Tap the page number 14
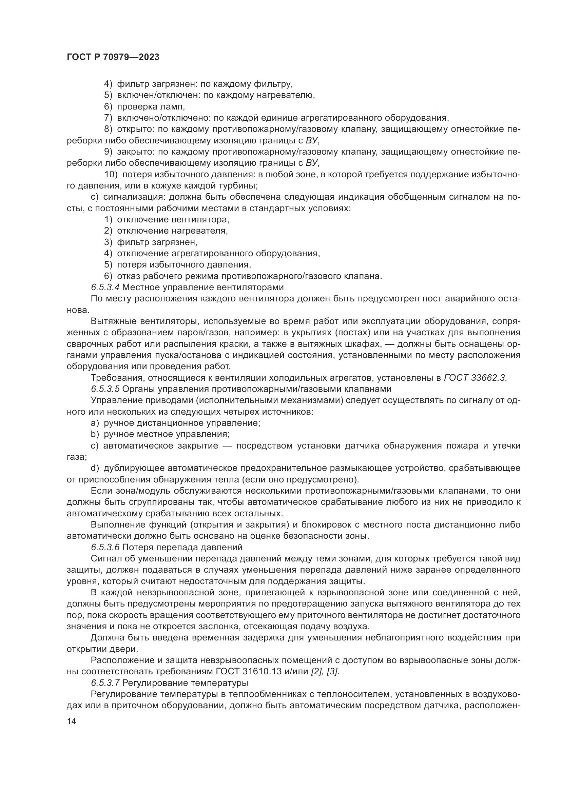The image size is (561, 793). (x=71, y=721)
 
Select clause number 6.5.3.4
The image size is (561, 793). (x=105, y=288)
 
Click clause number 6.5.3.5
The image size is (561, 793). (x=105, y=389)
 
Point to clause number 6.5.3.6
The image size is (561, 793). (x=105, y=548)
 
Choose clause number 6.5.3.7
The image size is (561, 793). (x=105, y=683)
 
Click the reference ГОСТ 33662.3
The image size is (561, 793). (x=475, y=378)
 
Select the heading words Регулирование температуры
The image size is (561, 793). (x=186, y=683)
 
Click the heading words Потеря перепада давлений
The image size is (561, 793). (x=182, y=548)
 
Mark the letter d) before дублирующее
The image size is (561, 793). (x=95, y=468)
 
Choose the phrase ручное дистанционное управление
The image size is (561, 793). (x=182, y=423)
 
